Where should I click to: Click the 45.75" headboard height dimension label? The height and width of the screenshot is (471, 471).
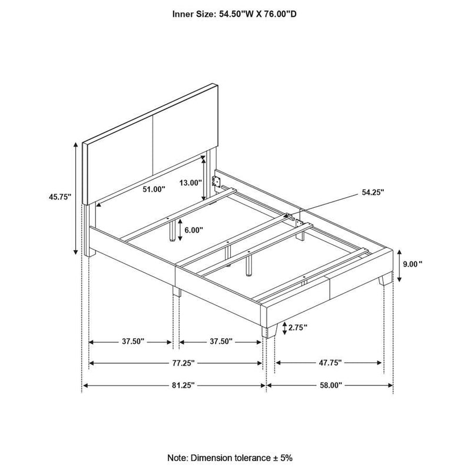(x=60, y=198)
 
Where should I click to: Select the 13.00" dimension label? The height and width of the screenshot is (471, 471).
(x=190, y=183)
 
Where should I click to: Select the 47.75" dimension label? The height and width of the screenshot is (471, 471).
(x=330, y=363)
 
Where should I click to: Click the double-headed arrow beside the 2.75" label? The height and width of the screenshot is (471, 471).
(x=284, y=328)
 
